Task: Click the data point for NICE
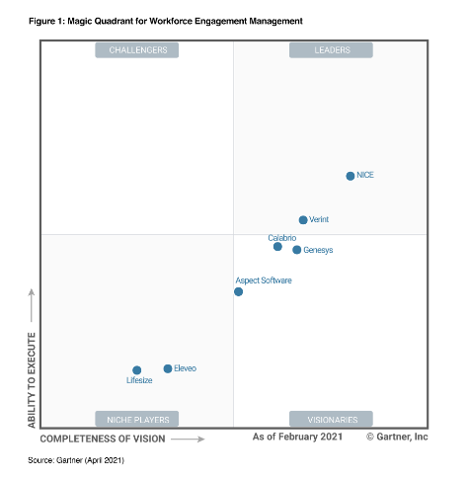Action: point(350,176)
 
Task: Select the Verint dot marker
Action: point(303,220)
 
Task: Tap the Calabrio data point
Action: point(277,247)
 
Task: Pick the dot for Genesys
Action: point(296,250)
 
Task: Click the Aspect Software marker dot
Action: point(238,291)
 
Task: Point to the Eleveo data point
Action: point(168,368)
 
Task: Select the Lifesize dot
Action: point(137,370)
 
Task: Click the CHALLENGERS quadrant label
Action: point(137,49)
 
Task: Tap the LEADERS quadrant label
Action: point(331,49)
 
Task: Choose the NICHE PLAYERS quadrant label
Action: point(137,419)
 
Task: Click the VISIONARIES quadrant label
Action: point(331,419)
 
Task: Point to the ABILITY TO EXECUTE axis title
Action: point(32,379)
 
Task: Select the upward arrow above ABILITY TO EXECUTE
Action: point(32,306)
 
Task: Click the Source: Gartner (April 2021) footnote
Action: point(75,460)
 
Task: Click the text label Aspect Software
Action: point(264,280)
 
